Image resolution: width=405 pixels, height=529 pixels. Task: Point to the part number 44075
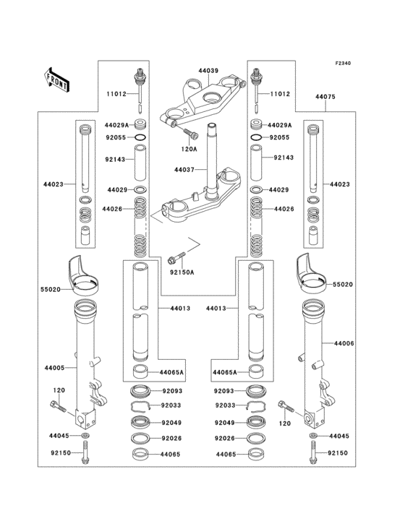click(325, 95)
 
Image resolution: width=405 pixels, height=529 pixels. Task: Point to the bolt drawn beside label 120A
click(190, 134)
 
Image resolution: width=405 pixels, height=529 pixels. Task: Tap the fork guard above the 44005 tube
click(84, 271)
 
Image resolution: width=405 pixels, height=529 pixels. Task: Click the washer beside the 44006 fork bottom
click(313, 437)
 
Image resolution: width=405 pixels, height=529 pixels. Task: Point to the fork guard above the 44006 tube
click(315, 271)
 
